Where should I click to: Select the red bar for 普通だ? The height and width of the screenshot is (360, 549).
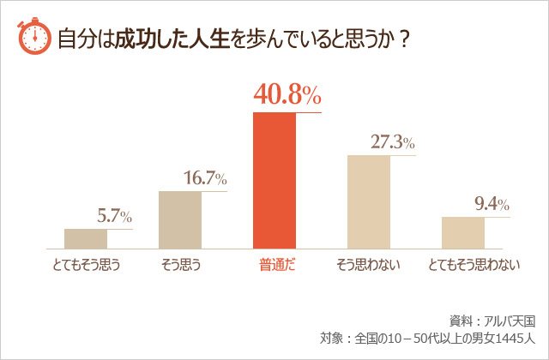click(274, 180)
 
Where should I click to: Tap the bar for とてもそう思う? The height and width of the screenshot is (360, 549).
click(86, 238)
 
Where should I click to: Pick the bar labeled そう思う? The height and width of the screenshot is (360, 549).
click(180, 219)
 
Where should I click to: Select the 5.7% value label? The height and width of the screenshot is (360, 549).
click(114, 217)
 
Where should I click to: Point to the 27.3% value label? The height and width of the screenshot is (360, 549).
click(393, 142)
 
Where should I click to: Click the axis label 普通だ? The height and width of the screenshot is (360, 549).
click(275, 266)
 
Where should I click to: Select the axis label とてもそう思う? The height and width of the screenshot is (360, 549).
click(85, 266)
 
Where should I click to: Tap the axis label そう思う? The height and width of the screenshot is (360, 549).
click(180, 266)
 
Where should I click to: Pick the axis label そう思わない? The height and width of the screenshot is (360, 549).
click(369, 266)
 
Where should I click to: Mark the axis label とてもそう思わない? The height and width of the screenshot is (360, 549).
click(474, 266)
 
